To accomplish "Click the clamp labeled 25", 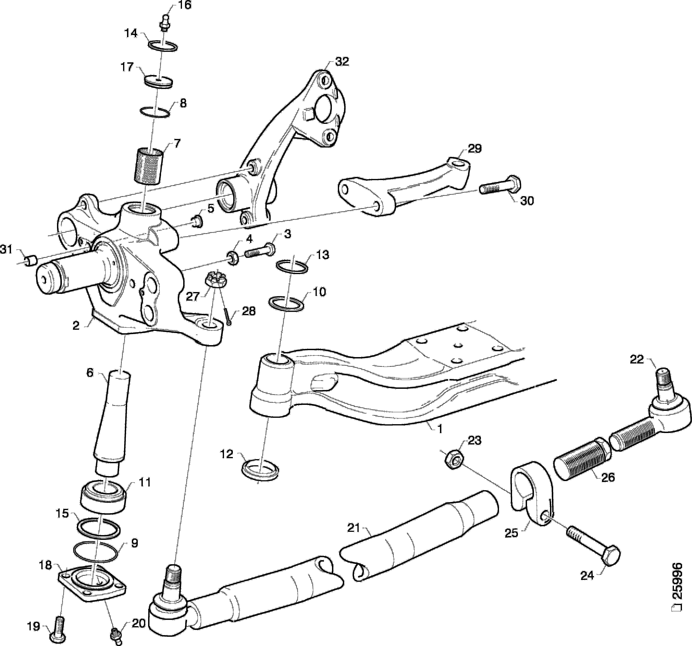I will tap(530, 495).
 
